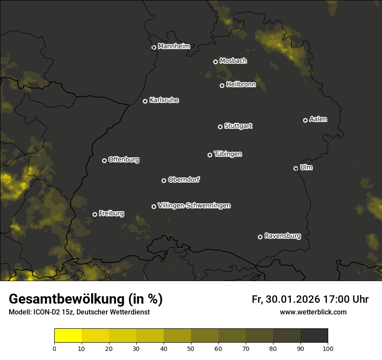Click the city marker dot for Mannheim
[154, 48]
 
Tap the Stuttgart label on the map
[238, 126]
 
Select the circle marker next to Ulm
[296, 168]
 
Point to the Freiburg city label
[111, 213]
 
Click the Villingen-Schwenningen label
[194, 206]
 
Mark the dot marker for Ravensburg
[260, 237]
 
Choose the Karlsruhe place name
[164, 100]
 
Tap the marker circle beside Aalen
[305, 120]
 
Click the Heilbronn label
[241, 85]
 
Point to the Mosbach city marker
[215, 62]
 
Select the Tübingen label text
[228, 154]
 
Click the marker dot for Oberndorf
[164, 180]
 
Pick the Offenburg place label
[124, 160]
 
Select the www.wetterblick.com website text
[313, 312]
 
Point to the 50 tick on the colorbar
[191, 348]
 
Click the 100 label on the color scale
[328, 348]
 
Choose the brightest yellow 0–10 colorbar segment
[68, 336]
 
